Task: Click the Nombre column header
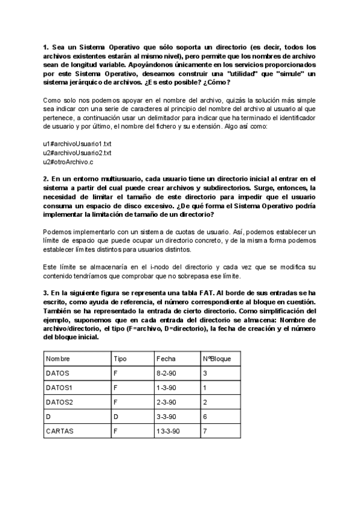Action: [x=58, y=358]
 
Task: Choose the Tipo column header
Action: [x=120, y=358]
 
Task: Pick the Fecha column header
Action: [x=166, y=358]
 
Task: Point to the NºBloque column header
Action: [x=217, y=358]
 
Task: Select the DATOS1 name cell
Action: [x=59, y=387]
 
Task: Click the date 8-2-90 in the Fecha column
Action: [x=166, y=373]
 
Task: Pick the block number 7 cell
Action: [x=205, y=430]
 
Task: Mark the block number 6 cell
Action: [x=205, y=416]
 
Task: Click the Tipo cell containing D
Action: [x=116, y=416]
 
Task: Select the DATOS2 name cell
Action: [x=59, y=402]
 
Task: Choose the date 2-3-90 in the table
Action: [x=166, y=402]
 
